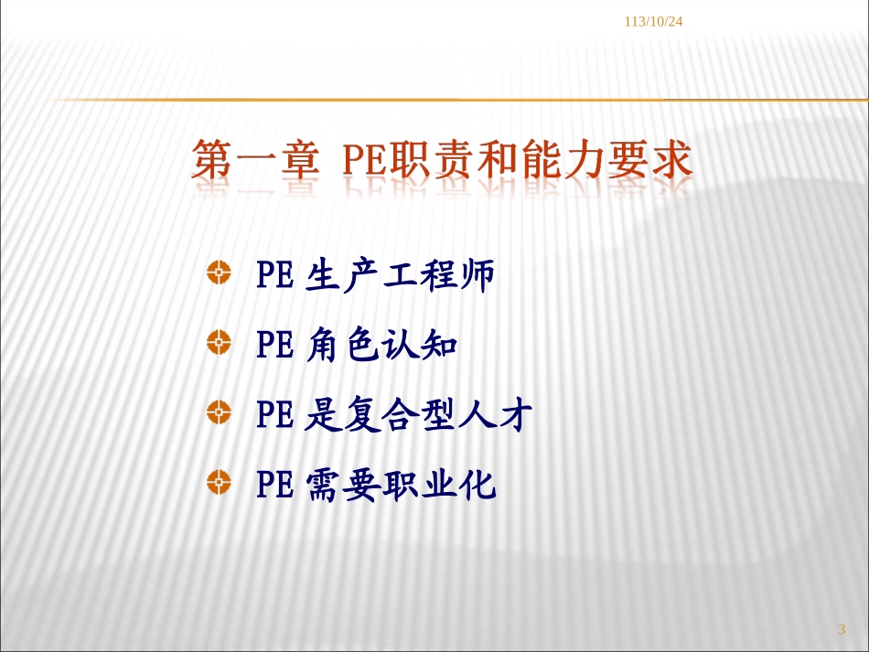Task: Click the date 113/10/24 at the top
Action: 654,21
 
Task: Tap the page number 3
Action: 842,628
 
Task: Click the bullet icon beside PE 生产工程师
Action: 219,272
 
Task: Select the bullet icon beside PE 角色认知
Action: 219,343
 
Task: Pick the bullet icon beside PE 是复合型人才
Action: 219,412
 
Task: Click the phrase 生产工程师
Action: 401,275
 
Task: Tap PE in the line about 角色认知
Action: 274,346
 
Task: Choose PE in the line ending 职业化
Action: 274,485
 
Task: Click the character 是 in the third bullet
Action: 322,416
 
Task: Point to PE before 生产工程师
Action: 274,275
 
